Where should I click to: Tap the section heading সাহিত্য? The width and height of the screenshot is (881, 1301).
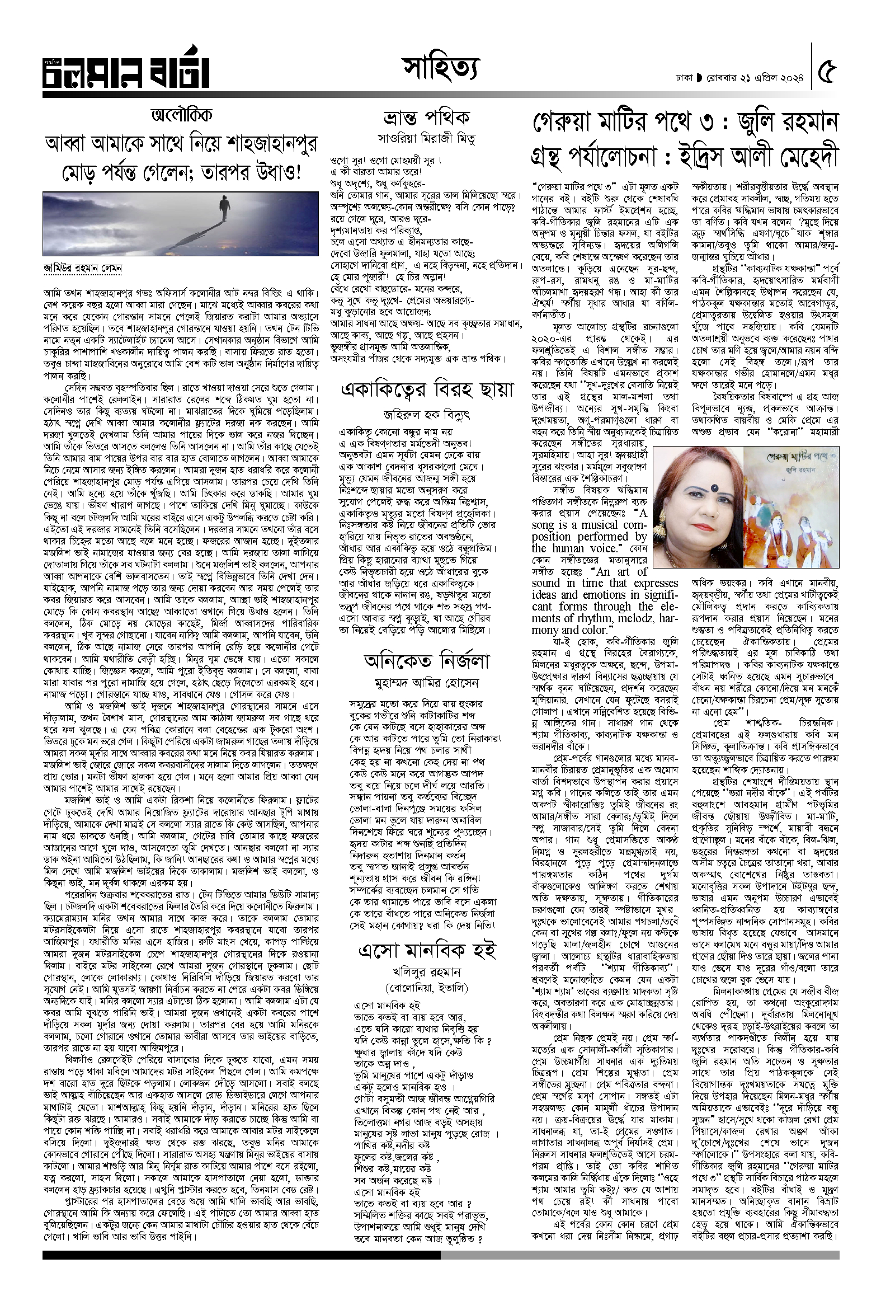click(x=441, y=71)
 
